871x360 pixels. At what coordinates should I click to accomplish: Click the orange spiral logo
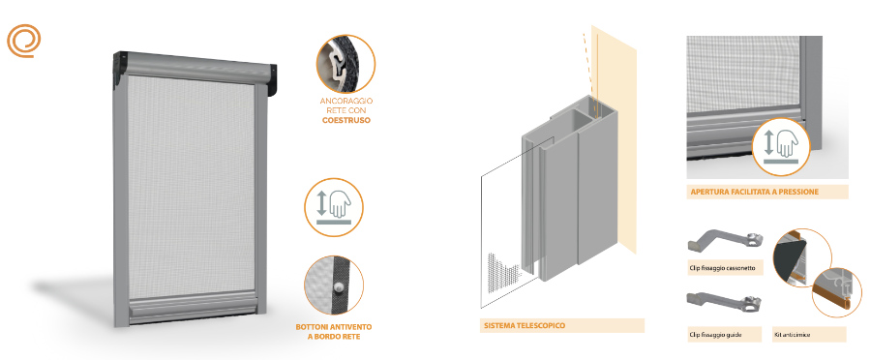click(24, 41)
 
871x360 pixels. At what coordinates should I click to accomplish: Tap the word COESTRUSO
click(346, 120)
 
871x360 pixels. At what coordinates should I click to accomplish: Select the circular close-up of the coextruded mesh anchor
click(345, 64)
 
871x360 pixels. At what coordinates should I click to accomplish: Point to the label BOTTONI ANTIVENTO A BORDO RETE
click(333, 331)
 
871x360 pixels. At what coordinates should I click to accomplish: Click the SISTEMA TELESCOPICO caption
click(523, 325)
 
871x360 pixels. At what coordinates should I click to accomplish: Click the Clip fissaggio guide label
click(715, 335)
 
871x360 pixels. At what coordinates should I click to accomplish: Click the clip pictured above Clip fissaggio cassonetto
click(726, 241)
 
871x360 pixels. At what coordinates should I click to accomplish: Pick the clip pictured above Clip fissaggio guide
click(726, 302)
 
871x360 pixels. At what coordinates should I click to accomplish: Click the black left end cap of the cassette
click(120, 70)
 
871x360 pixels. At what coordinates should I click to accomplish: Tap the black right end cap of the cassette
click(273, 81)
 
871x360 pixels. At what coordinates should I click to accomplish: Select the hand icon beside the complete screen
click(333, 207)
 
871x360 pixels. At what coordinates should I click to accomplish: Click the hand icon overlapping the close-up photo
click(780, 147)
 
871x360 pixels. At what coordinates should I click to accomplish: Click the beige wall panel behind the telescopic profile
click(614, 139)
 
